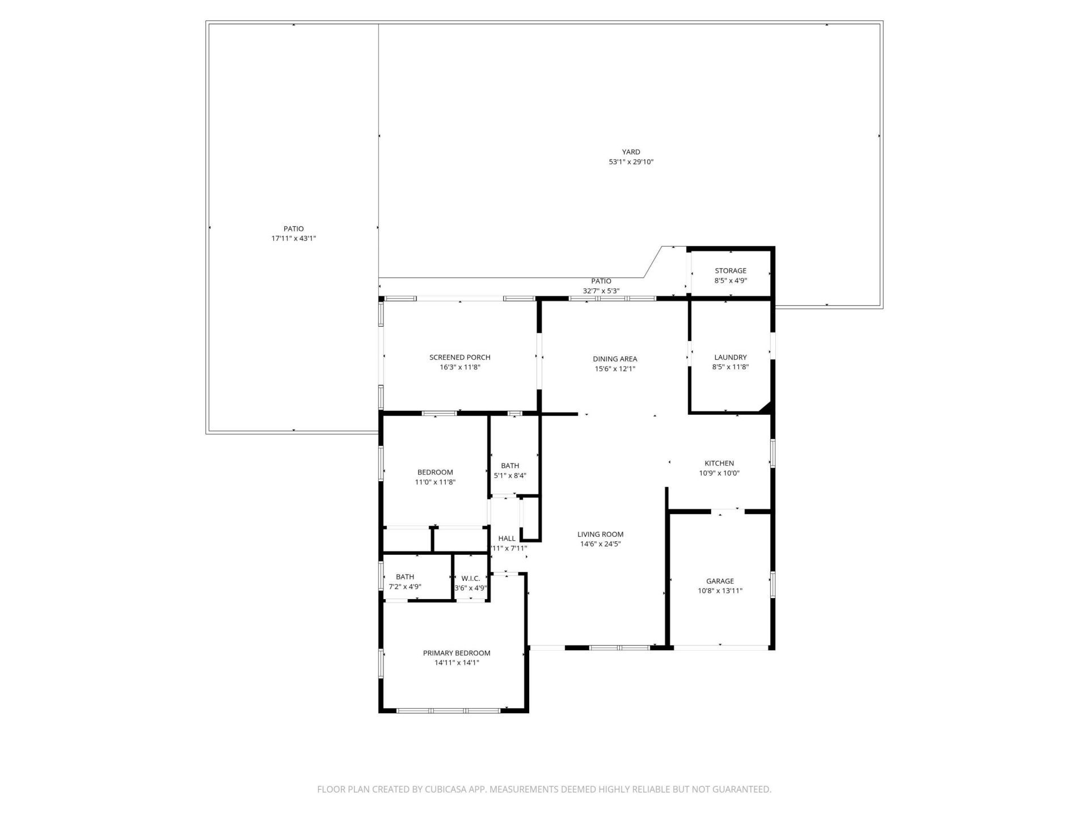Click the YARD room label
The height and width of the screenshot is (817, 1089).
pyautogui.click(x=631, y=152)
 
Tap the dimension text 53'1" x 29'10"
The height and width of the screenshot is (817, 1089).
pyautogui.click(x=631, y=162)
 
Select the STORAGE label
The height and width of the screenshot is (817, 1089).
pyautogui.click(x=730, y=271)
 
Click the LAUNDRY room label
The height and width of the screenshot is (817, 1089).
pyautogui.click(x=730, y=357)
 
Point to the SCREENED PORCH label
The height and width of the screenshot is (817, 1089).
pyautogui.click(x=459, y=357)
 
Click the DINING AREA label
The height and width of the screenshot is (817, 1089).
pyautogui.click(x=615, y=359)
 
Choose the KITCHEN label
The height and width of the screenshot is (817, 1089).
pyautogui.click(x=719, y=464)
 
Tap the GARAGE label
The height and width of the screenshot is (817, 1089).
pyautogui.click(x=720, y=581)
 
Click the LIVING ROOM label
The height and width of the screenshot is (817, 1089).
pyautogui.click(x=600, y=534)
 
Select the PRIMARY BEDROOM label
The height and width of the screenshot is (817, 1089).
pyautogui.click(x=457, y=653)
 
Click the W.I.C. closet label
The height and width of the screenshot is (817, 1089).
pyautogui.click(x=470, y=578)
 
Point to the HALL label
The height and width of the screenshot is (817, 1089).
pyautogui.click(x=506, y=538)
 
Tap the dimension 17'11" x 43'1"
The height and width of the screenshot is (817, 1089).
pyautogui.click(x=293, y=238)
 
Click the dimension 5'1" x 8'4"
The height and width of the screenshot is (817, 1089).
pyautogui.click(x=510, y=475)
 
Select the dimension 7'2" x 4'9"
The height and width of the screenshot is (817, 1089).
pyautogui.click(x=405, y=587)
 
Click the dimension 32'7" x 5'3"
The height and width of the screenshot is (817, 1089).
pyautogui.click(x=601, y=290)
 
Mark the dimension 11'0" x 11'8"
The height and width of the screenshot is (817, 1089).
pyautogui.click(x=435, y=482)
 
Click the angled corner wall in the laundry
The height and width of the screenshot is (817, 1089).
pyautogui.click(x=765, y=407)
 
